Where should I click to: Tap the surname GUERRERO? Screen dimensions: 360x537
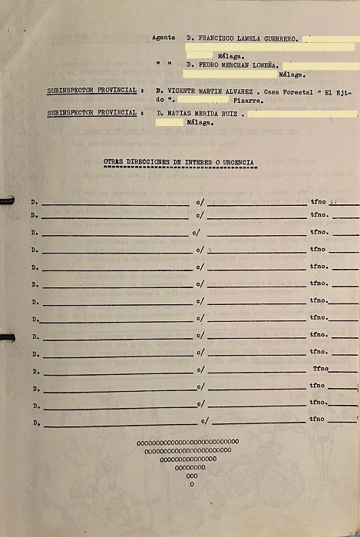(277, 37)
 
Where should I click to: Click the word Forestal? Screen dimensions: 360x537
(300, 91)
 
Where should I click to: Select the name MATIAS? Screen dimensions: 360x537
(179, 113)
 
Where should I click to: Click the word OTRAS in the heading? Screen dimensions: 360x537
(113, 162)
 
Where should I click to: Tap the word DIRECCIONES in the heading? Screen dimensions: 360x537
(154, 162)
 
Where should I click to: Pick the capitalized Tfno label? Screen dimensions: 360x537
(320, 369)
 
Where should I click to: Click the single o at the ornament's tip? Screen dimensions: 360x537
(191, 484)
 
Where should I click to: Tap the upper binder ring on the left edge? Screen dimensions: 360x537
(7, 201)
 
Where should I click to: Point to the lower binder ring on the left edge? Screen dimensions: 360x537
(7, 336)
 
